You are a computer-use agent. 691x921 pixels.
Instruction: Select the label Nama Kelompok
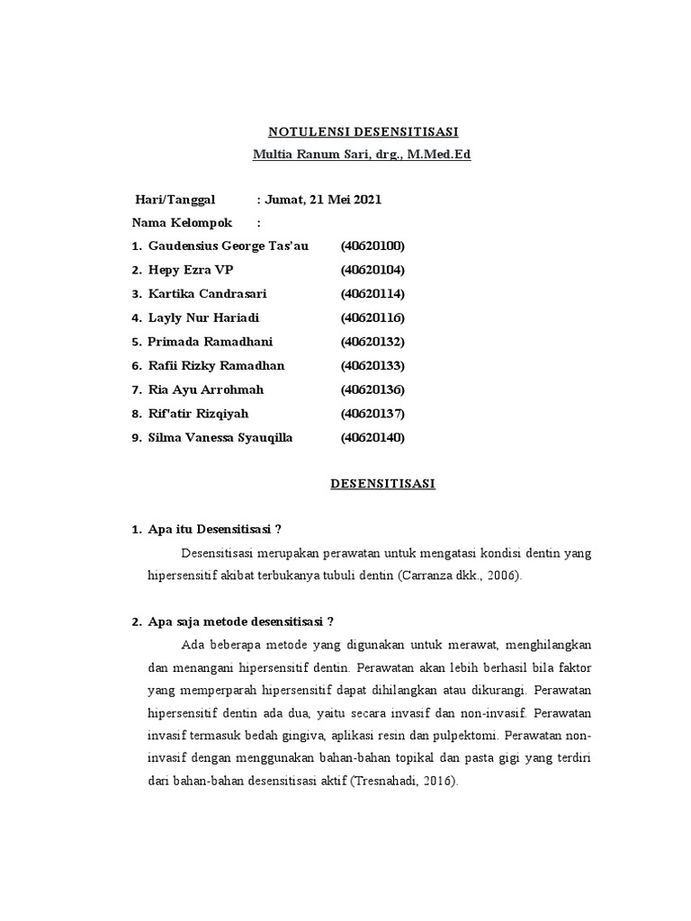(183, 223)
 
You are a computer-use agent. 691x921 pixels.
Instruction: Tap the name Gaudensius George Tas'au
(228, 246)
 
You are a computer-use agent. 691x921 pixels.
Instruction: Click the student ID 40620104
(372, 270)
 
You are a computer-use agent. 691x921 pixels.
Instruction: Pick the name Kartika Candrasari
(207, 294)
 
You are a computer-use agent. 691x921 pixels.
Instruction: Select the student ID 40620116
(372, 317)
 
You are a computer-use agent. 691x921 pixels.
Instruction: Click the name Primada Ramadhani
(210, 342)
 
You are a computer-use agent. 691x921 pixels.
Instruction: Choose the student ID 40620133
(372, 366)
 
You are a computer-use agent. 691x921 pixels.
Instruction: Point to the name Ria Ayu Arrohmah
(206, 389)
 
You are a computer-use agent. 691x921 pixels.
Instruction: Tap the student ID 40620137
(372, 414)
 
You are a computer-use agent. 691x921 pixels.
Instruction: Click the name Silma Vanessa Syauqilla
(220, 438)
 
